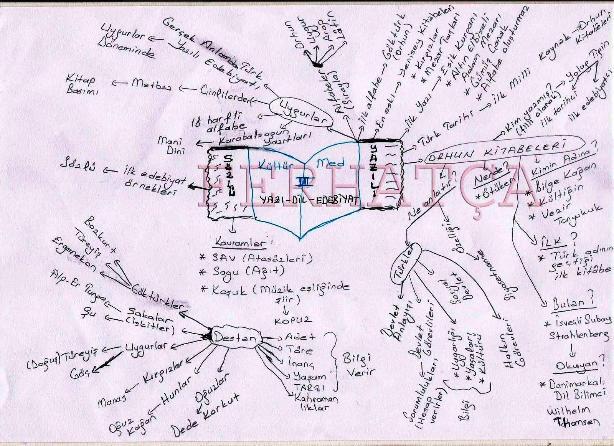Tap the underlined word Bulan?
point(574,303)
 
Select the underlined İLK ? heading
point(553,242)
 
